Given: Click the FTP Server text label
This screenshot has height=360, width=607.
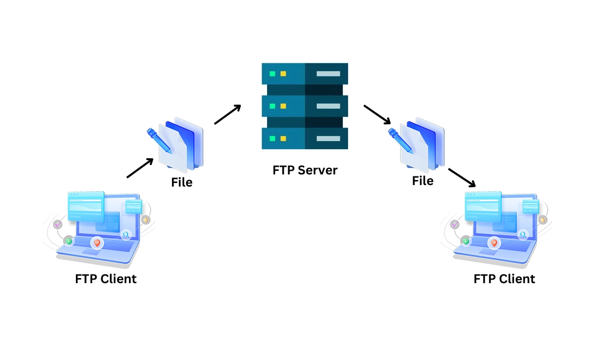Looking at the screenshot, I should [305, 170].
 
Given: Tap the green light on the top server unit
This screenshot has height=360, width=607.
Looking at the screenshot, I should [273, 74].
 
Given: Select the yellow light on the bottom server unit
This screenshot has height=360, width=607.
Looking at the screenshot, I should [283, 139].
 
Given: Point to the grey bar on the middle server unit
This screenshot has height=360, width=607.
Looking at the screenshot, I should [328, 106].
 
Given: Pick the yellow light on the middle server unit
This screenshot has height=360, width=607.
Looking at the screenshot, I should [283, 106].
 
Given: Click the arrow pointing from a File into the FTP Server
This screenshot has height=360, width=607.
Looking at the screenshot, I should [227, 114].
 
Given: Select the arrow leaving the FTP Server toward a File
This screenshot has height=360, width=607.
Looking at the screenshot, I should [377, 115].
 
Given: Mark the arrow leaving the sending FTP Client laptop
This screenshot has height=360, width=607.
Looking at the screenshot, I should [140, 168].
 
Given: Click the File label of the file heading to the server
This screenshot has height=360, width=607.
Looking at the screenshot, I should [182, 182].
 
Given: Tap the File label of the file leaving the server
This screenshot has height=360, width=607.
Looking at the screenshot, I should [422, 181].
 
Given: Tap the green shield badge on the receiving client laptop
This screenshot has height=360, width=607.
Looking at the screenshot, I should [466, 241].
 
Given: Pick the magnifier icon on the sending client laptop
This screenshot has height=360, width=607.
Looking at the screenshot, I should [125, 235].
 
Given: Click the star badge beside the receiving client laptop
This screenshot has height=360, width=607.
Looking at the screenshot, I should [543, 220].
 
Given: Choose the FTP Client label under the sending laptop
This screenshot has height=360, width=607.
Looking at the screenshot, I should [106, 279].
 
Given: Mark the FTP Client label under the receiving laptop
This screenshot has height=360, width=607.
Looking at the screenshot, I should [504, 279].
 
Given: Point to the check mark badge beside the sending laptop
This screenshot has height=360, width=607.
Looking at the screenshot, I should [57, 224].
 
